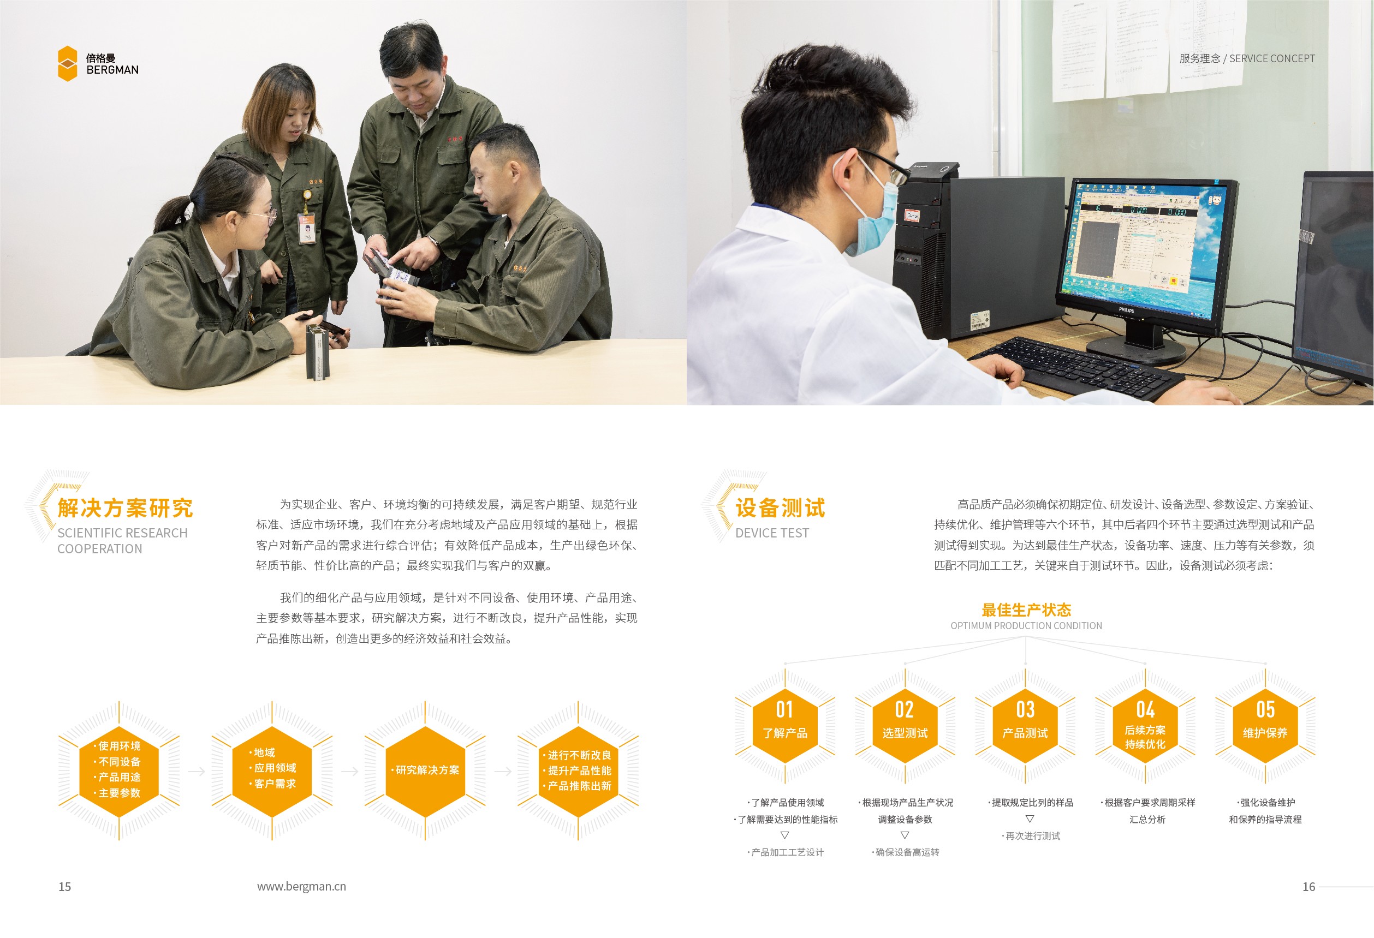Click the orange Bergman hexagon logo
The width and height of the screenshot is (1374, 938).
67,63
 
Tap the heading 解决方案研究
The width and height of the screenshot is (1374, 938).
126,507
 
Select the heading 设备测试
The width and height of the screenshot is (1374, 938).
780,507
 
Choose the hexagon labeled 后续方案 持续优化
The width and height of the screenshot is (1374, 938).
1145,727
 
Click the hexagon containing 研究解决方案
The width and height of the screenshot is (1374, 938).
426,770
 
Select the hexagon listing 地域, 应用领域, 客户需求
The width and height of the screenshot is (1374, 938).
272,770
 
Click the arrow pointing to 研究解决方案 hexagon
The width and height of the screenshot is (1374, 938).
350,772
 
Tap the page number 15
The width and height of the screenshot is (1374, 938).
64,887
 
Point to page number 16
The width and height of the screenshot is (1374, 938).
1308,887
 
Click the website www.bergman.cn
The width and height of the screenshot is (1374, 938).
301,886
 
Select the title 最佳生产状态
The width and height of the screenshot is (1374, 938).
1026,610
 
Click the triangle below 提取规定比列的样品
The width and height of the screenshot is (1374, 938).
1030,818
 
